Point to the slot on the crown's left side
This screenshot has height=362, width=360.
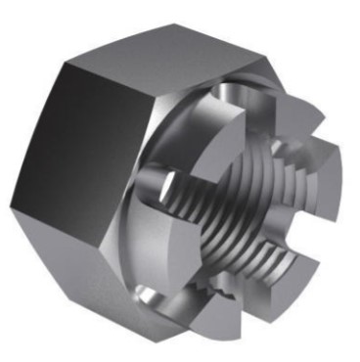pos(161,186)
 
